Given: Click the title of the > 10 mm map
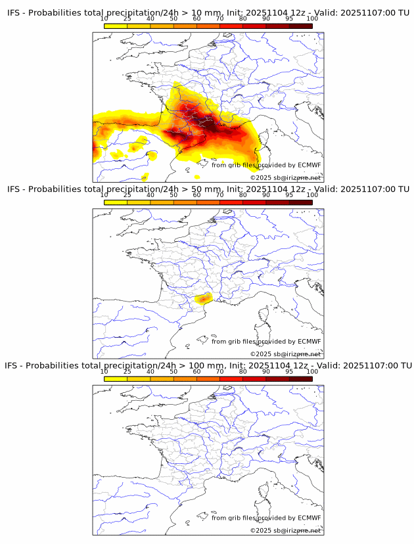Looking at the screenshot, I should [208, 13].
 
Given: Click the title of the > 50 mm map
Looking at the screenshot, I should [208, 189].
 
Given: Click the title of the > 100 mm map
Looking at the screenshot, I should [208, 365].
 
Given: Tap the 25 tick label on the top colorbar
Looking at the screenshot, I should [127, 18].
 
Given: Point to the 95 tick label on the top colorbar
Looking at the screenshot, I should [289, 18].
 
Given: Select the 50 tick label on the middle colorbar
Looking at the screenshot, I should [173, 195].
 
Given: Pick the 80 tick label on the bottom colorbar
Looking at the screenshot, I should [243, 371].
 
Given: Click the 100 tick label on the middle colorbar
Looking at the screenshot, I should [312, 195].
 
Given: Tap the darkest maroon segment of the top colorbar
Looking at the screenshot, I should [300, 26].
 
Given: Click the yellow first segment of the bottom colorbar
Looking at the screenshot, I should [115, 378].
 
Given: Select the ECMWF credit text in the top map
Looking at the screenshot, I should [266, 166].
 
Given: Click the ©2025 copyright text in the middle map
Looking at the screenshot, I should [285, 354].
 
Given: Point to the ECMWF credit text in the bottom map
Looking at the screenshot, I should [266, 518].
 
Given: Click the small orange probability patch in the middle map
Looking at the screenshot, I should [204, 298].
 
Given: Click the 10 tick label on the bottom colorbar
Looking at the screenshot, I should [104, 371].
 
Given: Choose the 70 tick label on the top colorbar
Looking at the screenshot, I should [219, 18].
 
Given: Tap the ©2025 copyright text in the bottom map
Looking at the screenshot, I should [285, 530].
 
